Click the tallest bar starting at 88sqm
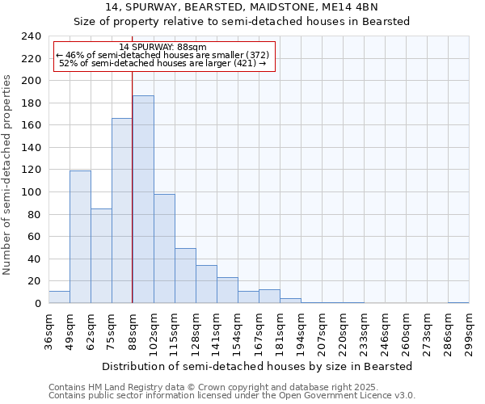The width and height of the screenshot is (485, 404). pyautogui.click(x=143, y=200)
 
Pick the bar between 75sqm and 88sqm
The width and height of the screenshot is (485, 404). pyautogui.click(x=122, y=210)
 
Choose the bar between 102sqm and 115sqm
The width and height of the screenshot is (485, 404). pyautogui.click(x=164, y=248)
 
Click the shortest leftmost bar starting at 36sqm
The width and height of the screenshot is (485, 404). pyautogui.click(x=59, y=297)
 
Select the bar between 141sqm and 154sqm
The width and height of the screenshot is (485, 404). pyautogui.click(x=227, y=290)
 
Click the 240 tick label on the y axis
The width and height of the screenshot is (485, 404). pyautogui.click(x=31, y=36)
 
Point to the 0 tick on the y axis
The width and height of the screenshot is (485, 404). pyautogui.click(x=37, y=303)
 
